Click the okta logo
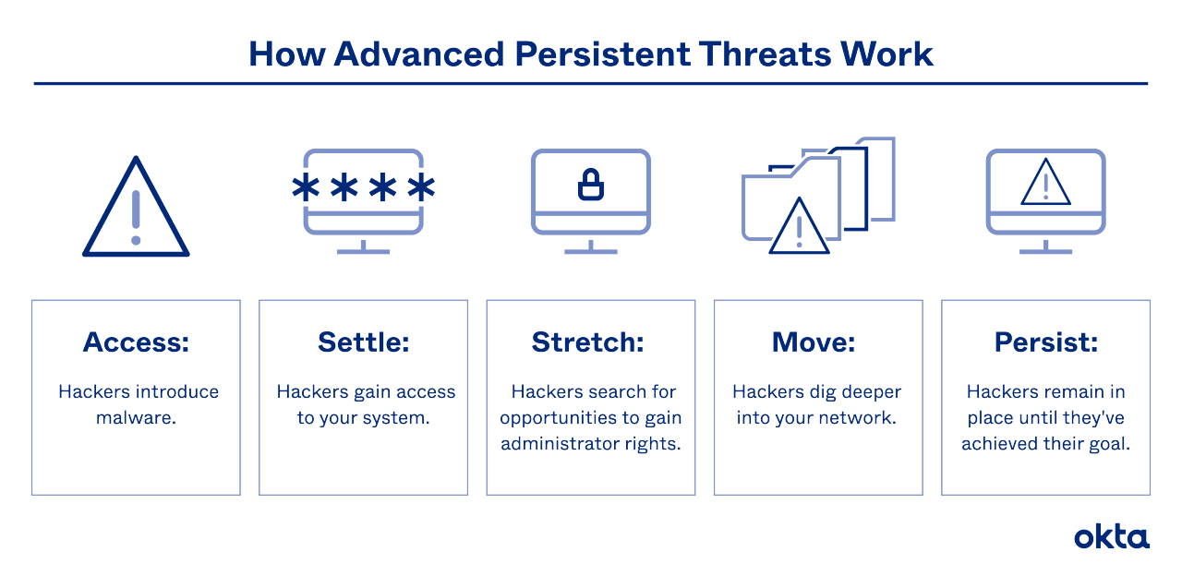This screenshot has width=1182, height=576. pyautogui.click(x=1112, y=537)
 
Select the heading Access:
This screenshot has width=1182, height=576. pyautogui.click(x=136, y=342)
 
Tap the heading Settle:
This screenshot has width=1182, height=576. pyautogui.click(x=363, y=342)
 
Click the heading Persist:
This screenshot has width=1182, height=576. pyautogui.click(x=1045, y=342)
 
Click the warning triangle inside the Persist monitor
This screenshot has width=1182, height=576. pyautogui.click(x=1045, y=184)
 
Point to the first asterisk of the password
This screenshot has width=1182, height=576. pyautogui.click(x=304, y=188)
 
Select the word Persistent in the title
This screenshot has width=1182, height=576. pyautogui.click(x=589, y=54)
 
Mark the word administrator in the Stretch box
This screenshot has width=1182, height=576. pyautogui.click(x=558, y=443)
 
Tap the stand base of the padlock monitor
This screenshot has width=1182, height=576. pyautogui.click(x=590, y=251)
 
